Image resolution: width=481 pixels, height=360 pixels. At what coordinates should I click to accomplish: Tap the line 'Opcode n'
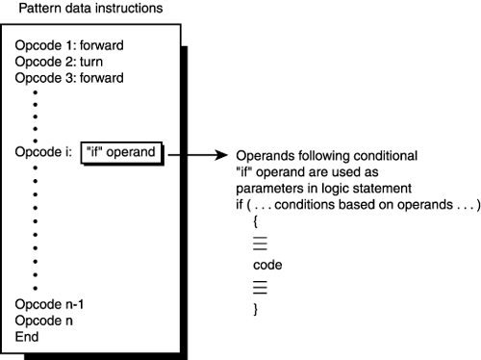[x=44, y=321]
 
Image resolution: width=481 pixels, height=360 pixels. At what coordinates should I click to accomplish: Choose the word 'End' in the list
[x=28, y=336]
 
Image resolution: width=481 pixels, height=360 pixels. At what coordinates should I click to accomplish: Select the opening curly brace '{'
[x=256, y=220]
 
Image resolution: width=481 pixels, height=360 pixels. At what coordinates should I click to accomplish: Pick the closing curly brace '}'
[x=256, y=309]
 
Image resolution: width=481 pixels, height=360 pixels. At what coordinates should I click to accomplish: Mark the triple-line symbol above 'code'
[x=259, y=243]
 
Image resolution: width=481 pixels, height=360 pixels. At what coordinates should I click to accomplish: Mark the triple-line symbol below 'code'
[x=259, y=286]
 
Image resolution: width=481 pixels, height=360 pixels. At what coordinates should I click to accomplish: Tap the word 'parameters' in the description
[x=254, y=187]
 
